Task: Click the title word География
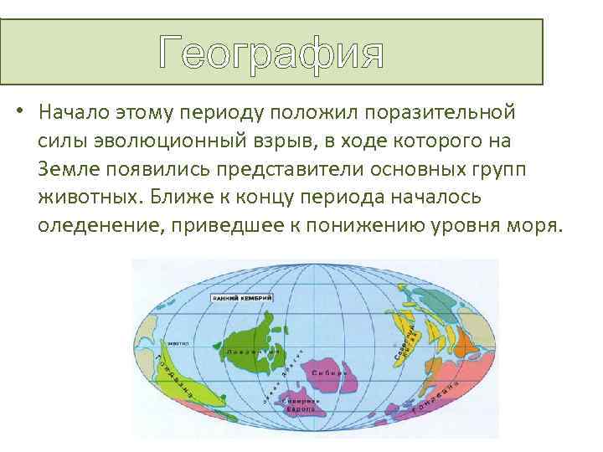tap(272, 54)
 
